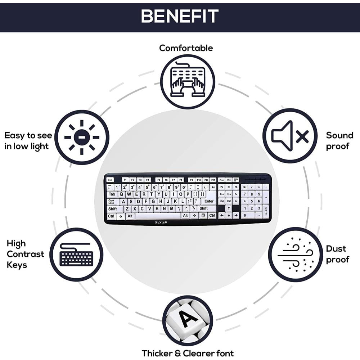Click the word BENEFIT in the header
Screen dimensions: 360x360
tap(180, 16)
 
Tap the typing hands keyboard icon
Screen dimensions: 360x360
tap(188, 82)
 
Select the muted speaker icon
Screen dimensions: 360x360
tap(290, 136)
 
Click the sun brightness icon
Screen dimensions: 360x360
tap(82, 137)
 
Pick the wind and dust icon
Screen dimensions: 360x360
tap(295, 255)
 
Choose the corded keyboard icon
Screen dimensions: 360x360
tap(76, 255)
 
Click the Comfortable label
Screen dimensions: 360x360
tap(186, 48)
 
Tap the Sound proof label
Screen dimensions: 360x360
tap(339, 141)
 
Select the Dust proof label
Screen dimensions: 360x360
tap(338, 254)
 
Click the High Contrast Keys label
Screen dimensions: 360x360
tap(25, 254)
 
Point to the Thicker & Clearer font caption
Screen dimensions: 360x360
tap(188, 353)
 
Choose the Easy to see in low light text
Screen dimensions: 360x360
tap(28, 141)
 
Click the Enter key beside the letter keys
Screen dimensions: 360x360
tap(209, 201)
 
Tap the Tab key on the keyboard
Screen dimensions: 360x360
tap(112, 194)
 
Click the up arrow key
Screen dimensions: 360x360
tap(229, 208)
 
